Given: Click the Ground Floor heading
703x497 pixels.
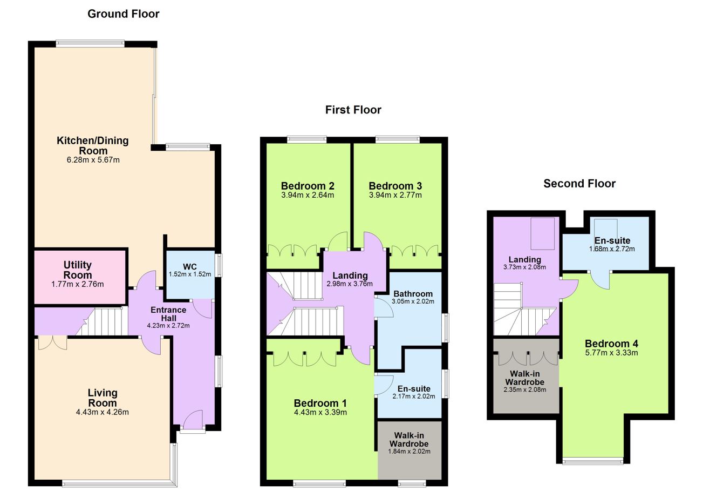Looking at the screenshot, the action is coord(124,14).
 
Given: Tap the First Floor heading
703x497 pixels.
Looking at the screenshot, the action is coord(353,110).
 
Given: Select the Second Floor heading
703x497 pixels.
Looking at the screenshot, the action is coord(579,184).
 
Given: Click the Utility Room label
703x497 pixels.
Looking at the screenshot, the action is coord(78,270).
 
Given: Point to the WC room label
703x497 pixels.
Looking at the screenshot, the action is coord(190,267).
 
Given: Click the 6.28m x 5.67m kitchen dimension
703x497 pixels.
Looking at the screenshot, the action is coord(93,160).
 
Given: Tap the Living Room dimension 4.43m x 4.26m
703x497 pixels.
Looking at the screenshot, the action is coord(103,412).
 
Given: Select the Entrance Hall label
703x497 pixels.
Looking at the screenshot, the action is coord(168,314).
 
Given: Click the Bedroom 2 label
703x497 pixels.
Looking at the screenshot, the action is coord(308,186).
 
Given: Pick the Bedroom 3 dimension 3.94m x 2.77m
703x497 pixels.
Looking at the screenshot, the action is coord(395,195).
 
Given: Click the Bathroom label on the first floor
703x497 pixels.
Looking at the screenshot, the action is coord(413,294).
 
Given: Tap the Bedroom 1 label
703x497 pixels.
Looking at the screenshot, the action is coord(320,403).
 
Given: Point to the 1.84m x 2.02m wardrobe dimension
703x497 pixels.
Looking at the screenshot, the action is coord(409,452).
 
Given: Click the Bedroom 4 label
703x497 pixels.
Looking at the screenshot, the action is coord(611,344).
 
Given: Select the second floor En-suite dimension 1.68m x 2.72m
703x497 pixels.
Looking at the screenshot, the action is coord(612,249).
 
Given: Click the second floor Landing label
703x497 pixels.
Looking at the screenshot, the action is coord(525,259).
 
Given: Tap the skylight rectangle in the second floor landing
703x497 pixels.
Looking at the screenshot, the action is coord(543,234).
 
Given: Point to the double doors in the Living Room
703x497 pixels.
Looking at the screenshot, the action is coord(53,343).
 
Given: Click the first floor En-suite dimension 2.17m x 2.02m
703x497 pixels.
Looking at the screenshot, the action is coord(414,397).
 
